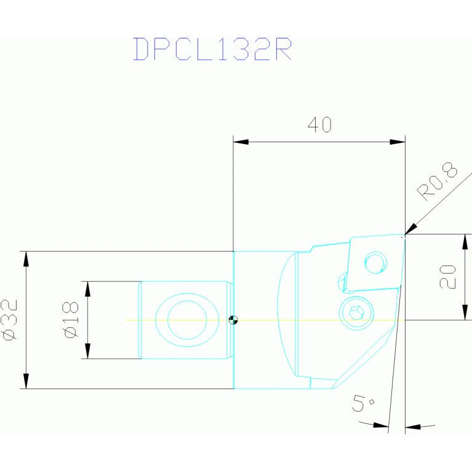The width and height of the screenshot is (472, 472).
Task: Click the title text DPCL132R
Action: tap(212, 50)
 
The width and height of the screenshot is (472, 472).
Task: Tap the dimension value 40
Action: tap(319, 126)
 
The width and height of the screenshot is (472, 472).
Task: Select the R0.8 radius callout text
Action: tap(438, 183)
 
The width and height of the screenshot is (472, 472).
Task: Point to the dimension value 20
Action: tap(447, 277)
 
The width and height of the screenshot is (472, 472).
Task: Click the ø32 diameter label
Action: tap(10, 319)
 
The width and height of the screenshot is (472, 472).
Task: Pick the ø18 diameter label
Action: tap(70, 319)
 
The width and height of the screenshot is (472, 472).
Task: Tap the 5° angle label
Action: tap(362, 404)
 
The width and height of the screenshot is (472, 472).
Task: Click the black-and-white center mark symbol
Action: tap(233, 320)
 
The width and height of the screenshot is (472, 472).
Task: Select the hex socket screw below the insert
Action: tap(356, 313)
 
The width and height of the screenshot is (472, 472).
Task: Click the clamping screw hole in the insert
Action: tap(374, 263)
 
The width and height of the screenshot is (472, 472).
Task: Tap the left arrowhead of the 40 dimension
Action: tap(241, 142)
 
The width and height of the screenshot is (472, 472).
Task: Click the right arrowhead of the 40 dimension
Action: tap(398, 142)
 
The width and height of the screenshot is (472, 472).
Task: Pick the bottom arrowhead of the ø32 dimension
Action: tap(26, 381)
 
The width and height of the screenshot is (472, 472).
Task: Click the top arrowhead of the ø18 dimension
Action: tap(87, 289)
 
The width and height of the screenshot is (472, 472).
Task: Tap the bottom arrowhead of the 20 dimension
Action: tap(464, 313)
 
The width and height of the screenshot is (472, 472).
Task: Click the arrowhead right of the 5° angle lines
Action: tap(412, 426)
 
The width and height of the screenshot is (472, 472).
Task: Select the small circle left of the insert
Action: tap(342, 282)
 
